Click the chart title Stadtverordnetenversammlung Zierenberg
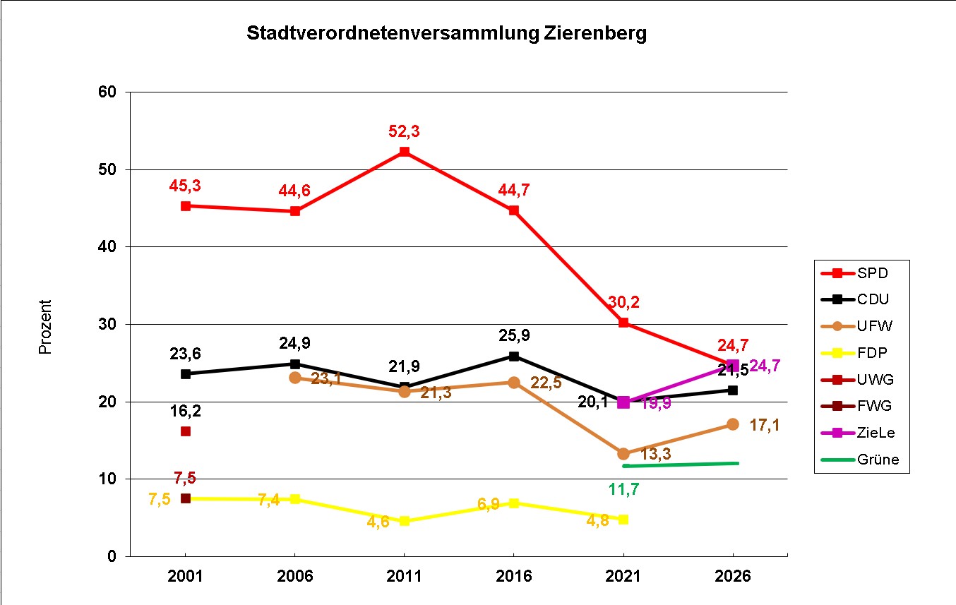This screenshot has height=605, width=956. pos(446,34)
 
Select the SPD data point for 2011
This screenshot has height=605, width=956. pos(405,152)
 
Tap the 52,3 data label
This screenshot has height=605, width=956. pos(404,131)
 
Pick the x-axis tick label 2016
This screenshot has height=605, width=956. pos(513,576)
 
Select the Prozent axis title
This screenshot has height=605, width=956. pos(45,327)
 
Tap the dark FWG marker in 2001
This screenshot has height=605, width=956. pos(186,498)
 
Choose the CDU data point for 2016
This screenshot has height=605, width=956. pos(514,357)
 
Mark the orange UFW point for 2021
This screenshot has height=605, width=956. pos(623,453)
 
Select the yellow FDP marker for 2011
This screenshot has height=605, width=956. pos(405,521)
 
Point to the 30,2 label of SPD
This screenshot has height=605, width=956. pos(622,302)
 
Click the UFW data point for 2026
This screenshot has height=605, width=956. pos(733,424)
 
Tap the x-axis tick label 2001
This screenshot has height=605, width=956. pos(185,576)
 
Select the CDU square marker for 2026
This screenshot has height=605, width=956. pos(733,390)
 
